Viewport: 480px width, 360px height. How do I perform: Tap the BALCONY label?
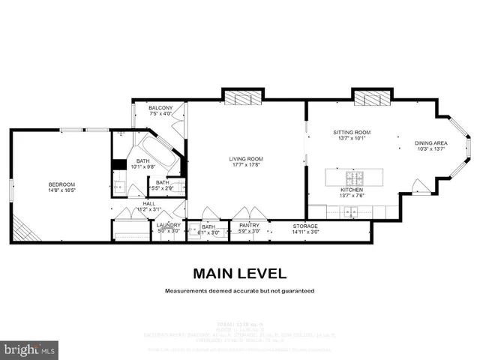160,108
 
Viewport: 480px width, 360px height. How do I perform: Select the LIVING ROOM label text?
246,158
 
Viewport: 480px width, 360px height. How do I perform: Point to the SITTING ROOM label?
352,132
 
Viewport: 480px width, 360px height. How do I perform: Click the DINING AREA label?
431,142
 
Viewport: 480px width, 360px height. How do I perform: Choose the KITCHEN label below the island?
352,190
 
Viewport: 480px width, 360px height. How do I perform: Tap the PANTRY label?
249,225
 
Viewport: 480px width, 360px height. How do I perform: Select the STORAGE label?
305,225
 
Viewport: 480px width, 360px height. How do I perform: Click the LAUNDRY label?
169,225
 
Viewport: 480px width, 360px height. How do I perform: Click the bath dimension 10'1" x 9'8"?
142,167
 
